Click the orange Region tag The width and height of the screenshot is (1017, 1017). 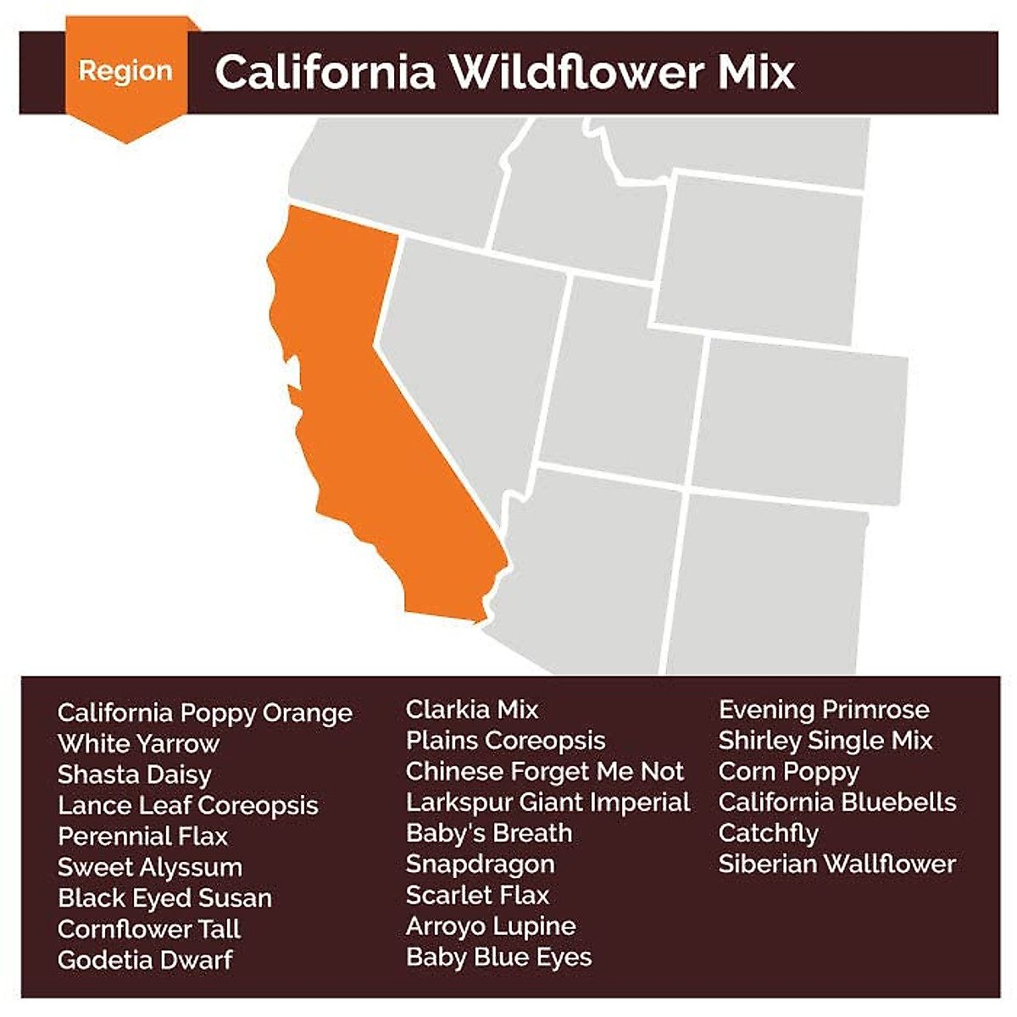(x=125, y=72)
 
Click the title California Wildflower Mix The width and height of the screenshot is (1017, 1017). (x=504, y=72)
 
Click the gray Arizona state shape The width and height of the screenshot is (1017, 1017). (x=585, y=568)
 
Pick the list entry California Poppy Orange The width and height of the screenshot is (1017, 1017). (x=204, y=713)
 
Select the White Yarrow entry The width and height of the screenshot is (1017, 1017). (x=138, y=744)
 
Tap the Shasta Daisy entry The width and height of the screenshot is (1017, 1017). (x=134, y=775)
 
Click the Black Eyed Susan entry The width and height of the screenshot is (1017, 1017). (x=164, y=898)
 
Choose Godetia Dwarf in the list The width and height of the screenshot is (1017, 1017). (x=144, y=960)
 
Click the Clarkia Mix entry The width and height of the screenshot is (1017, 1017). (x=471, y=709)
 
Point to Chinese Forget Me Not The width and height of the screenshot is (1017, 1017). (x=544, y=771)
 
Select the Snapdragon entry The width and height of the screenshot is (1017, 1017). (x=480, y=864)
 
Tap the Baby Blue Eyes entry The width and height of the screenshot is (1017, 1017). (x=498, y=957)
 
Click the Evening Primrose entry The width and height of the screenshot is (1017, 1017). (x=824, y=709)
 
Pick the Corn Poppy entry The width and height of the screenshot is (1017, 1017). (x=788, y=771)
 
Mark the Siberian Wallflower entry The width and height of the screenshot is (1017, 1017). (x=836, y=864)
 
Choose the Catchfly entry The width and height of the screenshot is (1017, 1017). (x=768, y=833)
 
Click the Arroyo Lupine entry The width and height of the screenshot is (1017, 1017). (x=490, y=926)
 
